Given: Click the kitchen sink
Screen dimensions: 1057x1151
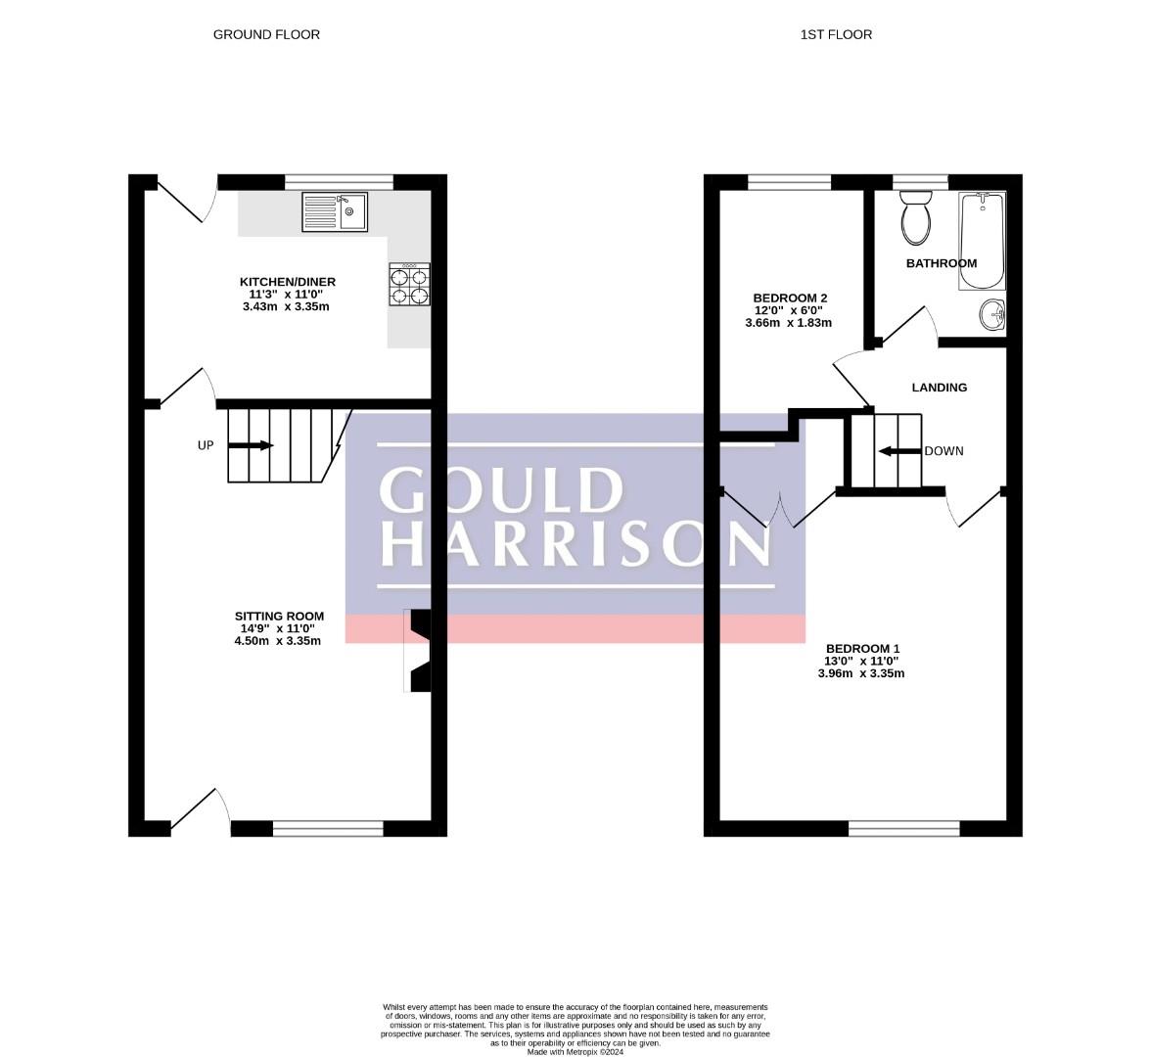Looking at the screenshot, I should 335,211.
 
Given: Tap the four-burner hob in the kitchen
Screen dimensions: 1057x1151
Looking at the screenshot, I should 409,285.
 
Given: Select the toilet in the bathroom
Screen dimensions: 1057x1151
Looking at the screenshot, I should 917,219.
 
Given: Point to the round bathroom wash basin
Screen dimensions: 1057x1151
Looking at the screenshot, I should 992,315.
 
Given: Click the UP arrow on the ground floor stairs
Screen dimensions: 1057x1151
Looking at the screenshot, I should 251,445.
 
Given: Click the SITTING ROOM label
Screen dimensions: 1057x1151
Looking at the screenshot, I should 279,617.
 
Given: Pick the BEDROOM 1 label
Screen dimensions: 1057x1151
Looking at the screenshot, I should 862,649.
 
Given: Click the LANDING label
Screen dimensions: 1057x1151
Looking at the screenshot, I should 939,388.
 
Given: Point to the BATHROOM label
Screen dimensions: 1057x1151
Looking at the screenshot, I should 941,263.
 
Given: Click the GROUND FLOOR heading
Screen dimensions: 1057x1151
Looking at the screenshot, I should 266,34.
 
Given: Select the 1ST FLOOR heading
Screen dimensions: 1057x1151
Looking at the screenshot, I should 836,34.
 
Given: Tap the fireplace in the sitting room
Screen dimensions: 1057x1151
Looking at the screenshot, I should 419,651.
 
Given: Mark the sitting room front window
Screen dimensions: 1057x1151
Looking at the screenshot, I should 328,829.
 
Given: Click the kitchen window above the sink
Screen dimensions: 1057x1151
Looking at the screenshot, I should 339,181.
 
